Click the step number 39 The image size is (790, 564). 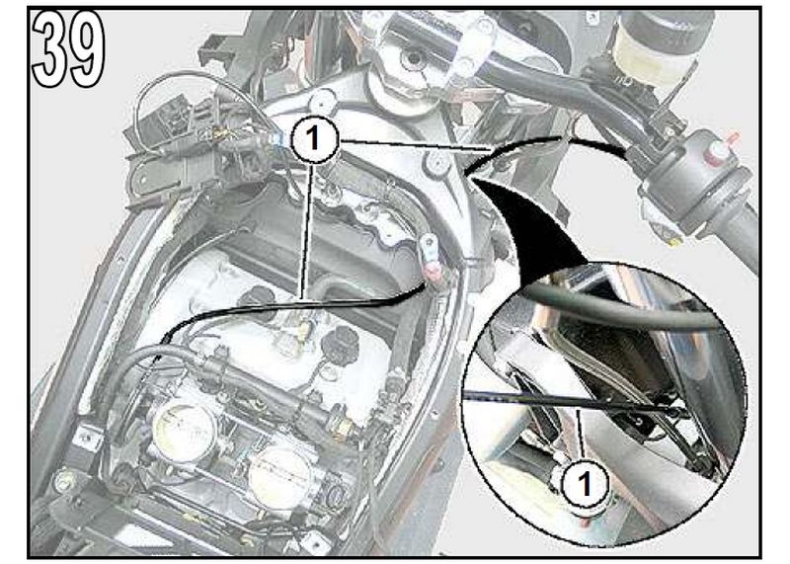68,49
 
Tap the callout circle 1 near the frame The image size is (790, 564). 313,137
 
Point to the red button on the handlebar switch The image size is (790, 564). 718,150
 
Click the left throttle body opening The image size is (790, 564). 185,433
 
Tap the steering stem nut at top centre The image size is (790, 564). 414,59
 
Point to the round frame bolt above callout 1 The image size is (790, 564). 323,101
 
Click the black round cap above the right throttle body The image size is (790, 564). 341,342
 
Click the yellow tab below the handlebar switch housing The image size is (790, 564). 675,242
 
